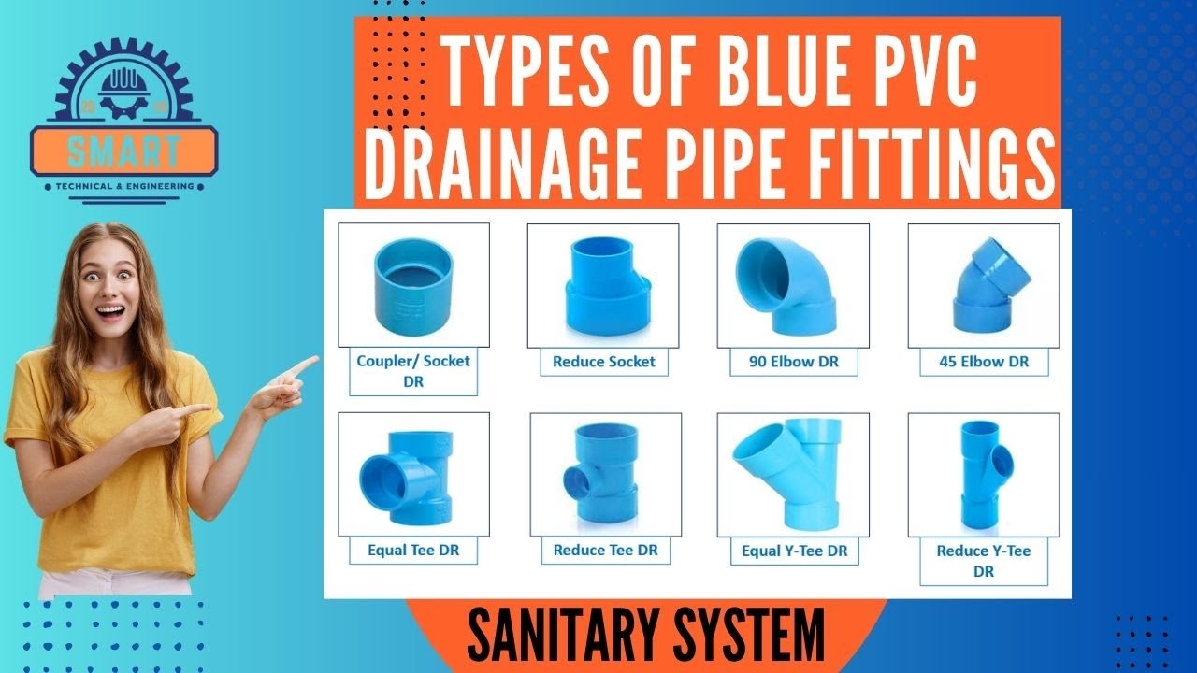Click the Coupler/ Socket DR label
413,371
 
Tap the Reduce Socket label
604,362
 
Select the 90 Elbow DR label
794,362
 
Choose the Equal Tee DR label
412,551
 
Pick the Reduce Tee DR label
606,551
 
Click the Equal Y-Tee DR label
795,551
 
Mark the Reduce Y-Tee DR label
984,560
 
